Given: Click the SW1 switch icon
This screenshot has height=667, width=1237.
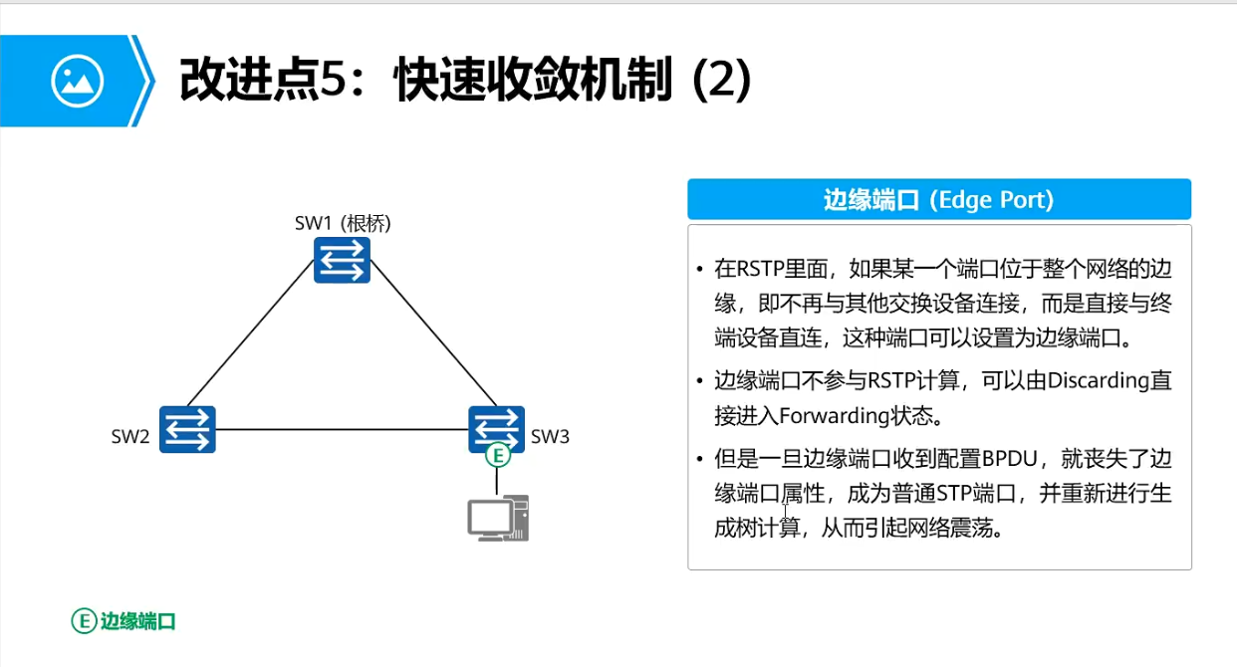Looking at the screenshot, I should click(x=342, y=259).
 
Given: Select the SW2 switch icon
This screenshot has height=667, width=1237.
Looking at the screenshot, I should click(x=187, y=430).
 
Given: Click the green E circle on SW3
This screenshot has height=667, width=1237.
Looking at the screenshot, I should click(x=497, y=456).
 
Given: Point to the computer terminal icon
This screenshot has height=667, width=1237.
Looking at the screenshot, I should click(x=498, y=519).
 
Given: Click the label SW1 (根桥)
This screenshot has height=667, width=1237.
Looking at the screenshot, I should click(x=343, y=223).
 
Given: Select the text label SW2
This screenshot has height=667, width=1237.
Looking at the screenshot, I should click(x=130, y=435).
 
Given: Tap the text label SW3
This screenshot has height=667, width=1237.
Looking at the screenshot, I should click(x=550, y=435).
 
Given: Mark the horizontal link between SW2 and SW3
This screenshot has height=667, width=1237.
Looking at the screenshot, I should click(x=342, y=429).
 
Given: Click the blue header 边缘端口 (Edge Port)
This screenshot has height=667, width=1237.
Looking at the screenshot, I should click(x=938, y=199).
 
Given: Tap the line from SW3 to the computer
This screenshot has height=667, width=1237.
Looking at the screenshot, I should click(x=497, y=481).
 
